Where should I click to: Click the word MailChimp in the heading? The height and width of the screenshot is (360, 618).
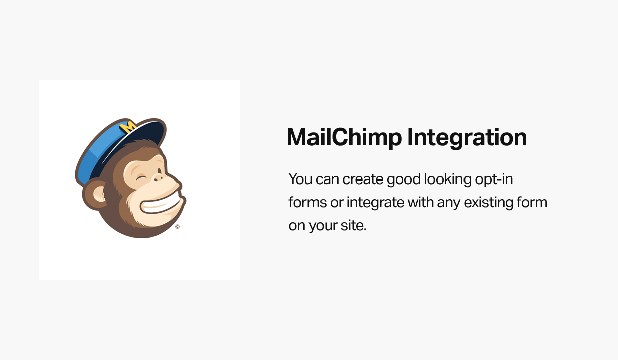(x=344, y=137)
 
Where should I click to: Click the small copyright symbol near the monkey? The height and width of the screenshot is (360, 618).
(x=177, y=227)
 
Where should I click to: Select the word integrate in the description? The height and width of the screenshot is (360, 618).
(x=375, y=203)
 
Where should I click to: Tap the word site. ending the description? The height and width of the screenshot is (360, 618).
(x=355, y=225)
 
